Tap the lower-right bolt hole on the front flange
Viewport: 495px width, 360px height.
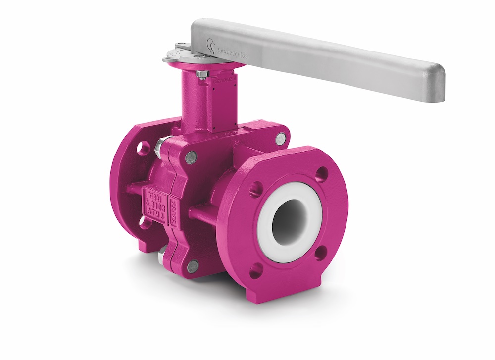click(321, 253)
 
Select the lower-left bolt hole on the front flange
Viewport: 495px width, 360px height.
click(256, 270)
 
